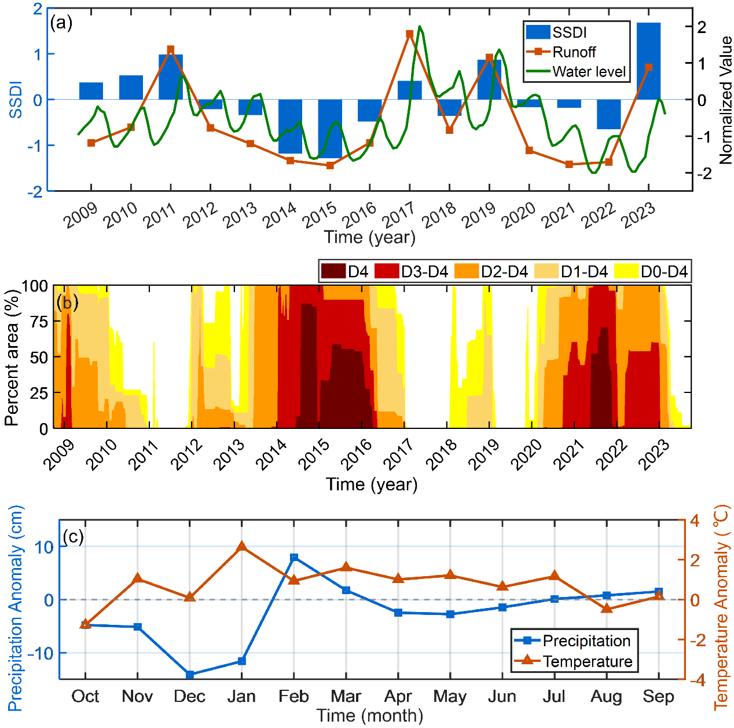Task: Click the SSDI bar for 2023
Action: pos(648,61)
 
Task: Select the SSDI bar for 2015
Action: pos(330,129)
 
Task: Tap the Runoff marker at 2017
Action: pos(409,34)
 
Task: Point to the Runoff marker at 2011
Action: pos(171,49)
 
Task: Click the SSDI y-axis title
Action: pos(16,100)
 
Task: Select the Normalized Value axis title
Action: pos(725,100)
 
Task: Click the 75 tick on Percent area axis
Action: pos(38,322)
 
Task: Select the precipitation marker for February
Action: pos(294,558)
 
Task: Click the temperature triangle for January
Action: pos(242,547)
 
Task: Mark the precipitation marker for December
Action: pos(190,675)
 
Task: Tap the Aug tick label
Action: pos(606,696)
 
